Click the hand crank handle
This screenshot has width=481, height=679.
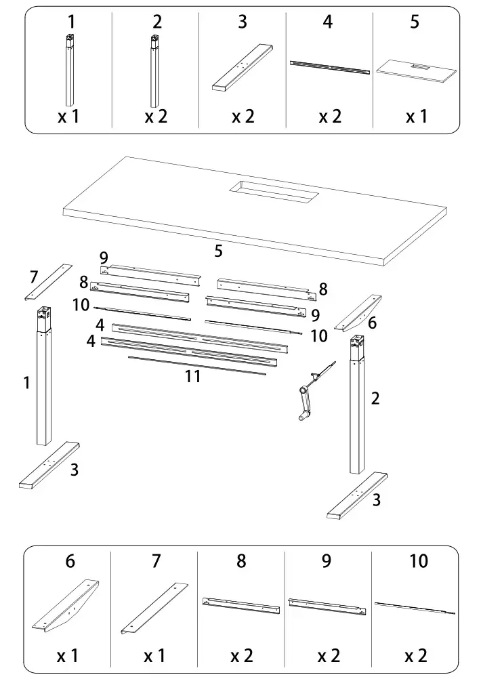(304, 404)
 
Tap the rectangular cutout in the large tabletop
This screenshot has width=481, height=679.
(273, 192)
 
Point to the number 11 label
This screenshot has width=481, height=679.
(192, 377)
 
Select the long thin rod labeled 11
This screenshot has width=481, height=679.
(196, 365)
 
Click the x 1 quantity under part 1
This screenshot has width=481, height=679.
(68, 116)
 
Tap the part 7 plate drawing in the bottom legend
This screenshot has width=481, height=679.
(154, 607)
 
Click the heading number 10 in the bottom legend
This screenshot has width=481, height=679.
(419, 561)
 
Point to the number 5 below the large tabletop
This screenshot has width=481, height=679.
(218, 251)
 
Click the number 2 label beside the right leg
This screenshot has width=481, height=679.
(375, 398)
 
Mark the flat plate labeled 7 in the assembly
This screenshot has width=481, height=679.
(49, 282)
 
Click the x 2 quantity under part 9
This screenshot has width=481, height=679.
(329, 656)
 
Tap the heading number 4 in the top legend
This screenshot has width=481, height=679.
(328, 22)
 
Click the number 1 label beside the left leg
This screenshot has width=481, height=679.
(26, 383)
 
